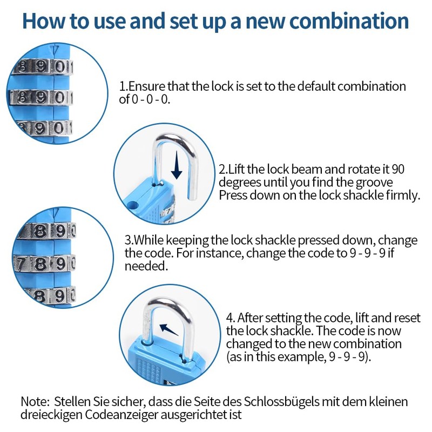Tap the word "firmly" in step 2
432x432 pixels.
(x=403, y=195)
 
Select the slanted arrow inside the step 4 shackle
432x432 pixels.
(x=169, y=328)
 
